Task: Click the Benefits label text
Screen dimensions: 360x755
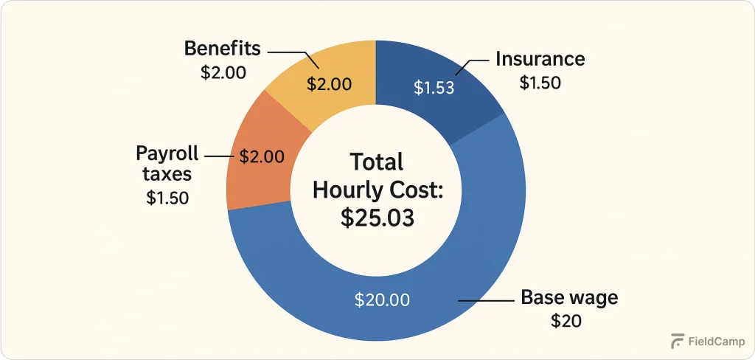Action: (223, 49)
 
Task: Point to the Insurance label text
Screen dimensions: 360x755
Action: (540, 59)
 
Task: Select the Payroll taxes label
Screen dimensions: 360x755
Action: (167, 164)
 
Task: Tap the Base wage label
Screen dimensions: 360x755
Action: (569, 298)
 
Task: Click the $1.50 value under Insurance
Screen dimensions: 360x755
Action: (540, 83)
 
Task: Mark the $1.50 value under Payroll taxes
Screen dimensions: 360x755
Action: (168, 198)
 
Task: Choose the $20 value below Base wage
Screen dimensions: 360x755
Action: (566, 321)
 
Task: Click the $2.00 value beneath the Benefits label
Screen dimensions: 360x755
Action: (223, 73)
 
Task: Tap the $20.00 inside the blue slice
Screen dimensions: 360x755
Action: (382, 300)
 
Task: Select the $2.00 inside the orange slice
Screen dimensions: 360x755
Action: (262, 156)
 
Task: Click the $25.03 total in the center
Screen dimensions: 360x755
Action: (377, 218)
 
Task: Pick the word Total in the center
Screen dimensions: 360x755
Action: (377, 162)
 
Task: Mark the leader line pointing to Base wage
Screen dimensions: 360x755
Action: (487, 300)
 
